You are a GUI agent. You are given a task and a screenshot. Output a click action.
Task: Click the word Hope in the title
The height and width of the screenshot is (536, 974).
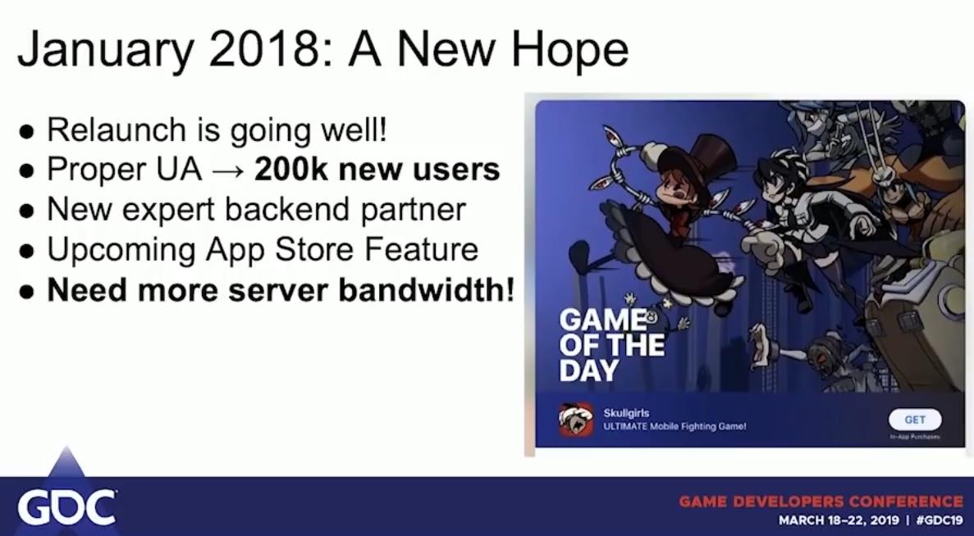coord(569,50)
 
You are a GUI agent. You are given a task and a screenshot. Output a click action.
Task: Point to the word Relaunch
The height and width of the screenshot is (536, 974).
coord(117,129)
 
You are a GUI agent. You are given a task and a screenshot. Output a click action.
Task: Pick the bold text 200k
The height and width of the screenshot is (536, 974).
coord(290,169)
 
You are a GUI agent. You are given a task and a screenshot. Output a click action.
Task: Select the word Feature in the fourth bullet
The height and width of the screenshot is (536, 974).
coord(421,249)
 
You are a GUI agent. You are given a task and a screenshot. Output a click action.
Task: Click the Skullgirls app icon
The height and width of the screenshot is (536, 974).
coord(575,420)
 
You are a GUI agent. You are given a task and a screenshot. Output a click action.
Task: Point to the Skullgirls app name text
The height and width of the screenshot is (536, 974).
coord(626,413)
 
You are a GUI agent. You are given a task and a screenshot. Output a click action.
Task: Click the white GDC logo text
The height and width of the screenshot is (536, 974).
coord(66,507)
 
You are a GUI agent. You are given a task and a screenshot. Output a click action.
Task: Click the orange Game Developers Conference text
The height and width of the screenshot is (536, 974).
coord(821,502)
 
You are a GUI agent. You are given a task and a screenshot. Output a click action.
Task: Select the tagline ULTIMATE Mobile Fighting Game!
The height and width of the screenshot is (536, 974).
coord(674,427)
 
